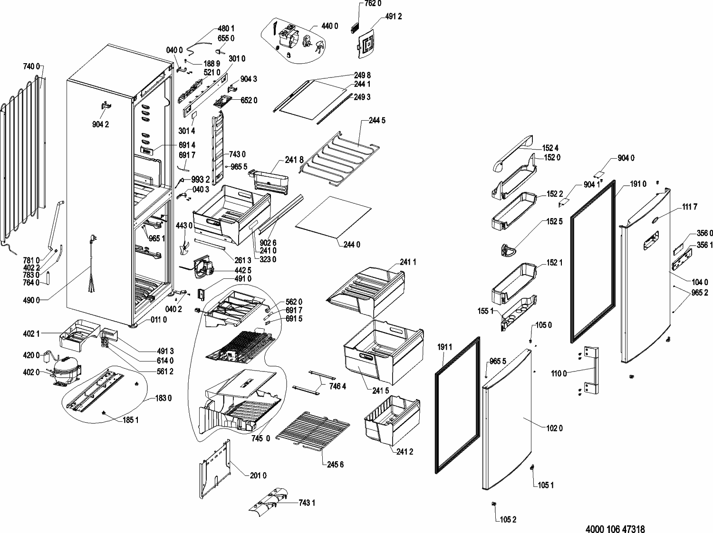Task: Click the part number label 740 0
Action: pyautogui.click(x=31, y=67)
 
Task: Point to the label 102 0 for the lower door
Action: pyautogui.click(x=554, y=428)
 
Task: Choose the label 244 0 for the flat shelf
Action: pyautogui.click(x=352, y=245)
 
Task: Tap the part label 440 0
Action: pyautogui.click(x=329, y=26)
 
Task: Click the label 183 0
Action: pyautogui.click(x=163, y=398)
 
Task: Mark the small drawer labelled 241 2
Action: pyautogui.click(x=391, y=420)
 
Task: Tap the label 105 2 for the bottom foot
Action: pyautogui.click(x=508, y=520)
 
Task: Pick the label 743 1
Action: pyautogui.click(x=307, y=503)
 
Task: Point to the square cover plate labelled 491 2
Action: pyautogui.click(x=366, y=43)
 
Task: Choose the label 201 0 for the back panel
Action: pyautogui.click(x=258, y=476)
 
